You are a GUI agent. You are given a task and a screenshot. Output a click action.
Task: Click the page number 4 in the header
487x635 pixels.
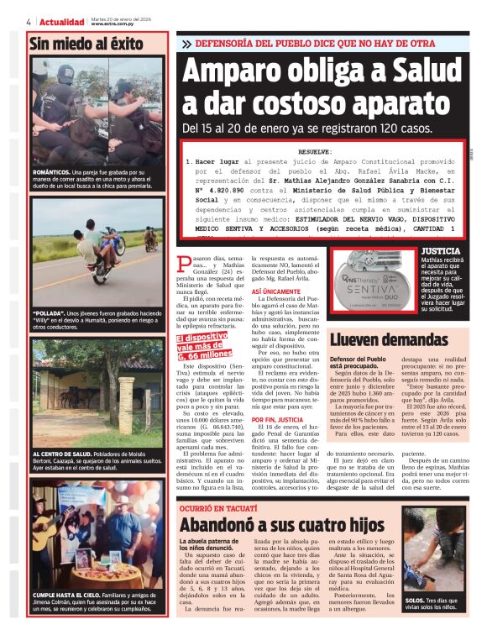coord(29,22)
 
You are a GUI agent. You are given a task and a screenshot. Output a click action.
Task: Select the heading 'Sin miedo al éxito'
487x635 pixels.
coord(86,45)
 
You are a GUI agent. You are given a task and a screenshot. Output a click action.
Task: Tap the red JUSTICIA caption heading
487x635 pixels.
coord(440,251)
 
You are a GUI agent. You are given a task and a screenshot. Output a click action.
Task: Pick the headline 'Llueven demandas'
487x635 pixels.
coord(389,339)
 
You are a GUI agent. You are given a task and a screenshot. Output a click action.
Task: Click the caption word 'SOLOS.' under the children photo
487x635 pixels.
coord(415,601)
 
